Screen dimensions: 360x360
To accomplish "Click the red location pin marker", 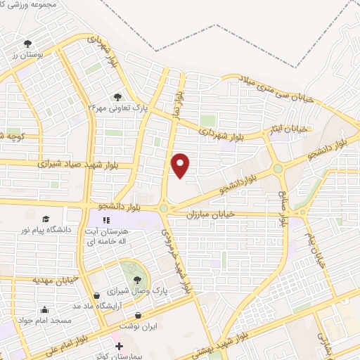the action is tap(181, 165).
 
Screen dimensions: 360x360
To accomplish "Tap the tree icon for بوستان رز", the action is tap(27, 44).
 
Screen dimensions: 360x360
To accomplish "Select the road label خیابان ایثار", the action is tap(291, 129).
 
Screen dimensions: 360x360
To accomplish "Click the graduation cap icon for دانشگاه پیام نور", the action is tap(46, 219).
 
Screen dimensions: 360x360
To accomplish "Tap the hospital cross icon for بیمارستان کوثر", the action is tap(119, 347).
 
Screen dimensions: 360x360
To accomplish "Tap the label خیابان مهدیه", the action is tap(52, 281).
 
